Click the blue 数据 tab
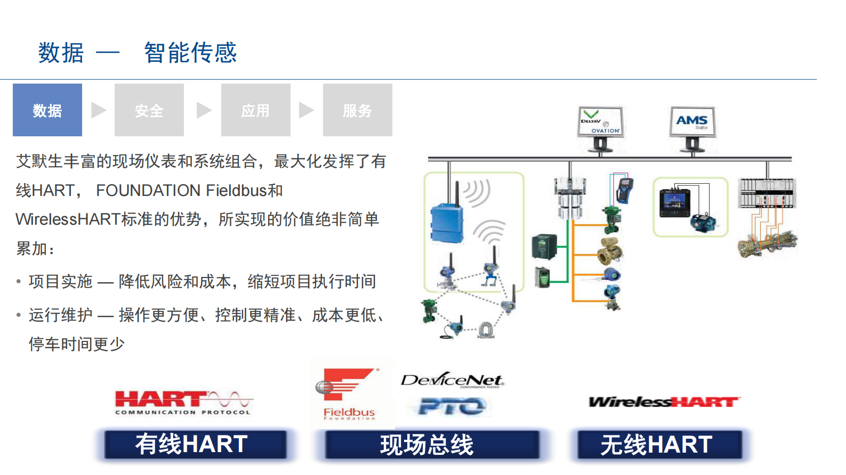pos(47,110)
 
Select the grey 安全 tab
pos(149,110)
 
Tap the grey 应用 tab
pos(256,110)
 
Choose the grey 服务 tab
pos(358,110)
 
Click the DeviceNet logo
pos(452,380)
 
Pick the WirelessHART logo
pos(664,402)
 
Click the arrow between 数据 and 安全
pos(99,110)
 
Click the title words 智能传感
pos(190,53)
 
